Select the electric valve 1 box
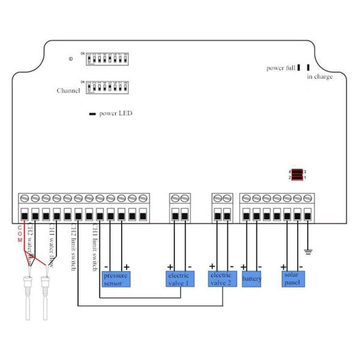pos(179,279)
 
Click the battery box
pos(252,279)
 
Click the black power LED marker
pos(93,113)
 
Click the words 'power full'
pos(280,68)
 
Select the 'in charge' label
pos(320,77)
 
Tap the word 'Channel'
pos(68,91)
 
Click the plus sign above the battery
pos(244,266)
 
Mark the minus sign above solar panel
pos(301,266)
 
